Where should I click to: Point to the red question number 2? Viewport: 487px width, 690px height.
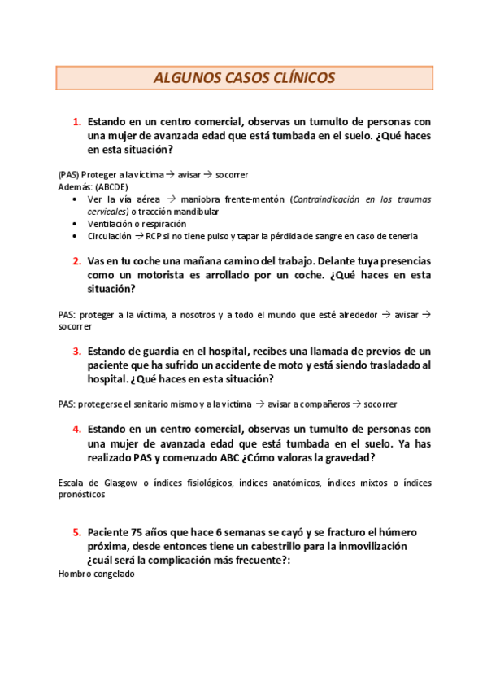point(76,261)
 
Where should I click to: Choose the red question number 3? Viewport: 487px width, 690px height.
point(76,352)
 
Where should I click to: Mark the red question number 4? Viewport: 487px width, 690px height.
point(76,429)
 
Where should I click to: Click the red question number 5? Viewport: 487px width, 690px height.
point(76,532)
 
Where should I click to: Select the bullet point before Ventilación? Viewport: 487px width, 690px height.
point(76,224)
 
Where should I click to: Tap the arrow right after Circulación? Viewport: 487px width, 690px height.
point(139,236)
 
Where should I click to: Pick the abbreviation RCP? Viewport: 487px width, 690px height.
point(154,236)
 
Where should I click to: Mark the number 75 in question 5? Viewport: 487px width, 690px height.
point(144,532)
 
